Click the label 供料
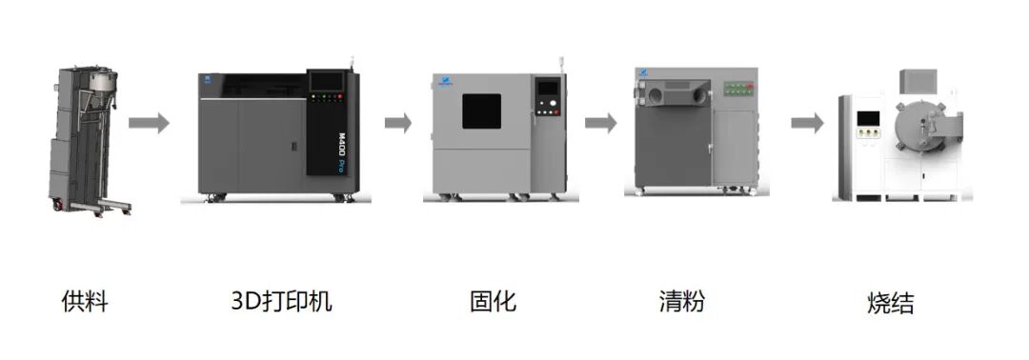pos(85,302)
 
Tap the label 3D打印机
pos(281,301)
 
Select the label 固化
pos(494,301)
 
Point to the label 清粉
pos(682,301)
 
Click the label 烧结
pos(891,304)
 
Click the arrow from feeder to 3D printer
pos(149,123)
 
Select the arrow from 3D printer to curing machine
pos(397,123)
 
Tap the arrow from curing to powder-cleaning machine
pos(600,123)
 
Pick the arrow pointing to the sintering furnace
pos(807,123)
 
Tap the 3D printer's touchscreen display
pos(326,81)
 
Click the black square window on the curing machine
pos(481,110)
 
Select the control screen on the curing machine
pos(546,88)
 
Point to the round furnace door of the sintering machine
pos(919,126)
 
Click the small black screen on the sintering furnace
pos(868,118)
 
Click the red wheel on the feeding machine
pos(58,206)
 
